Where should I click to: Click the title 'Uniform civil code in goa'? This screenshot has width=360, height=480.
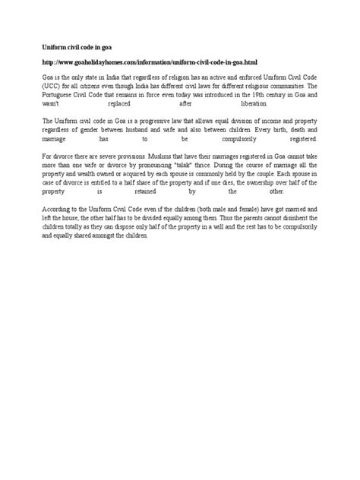[72, 46]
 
